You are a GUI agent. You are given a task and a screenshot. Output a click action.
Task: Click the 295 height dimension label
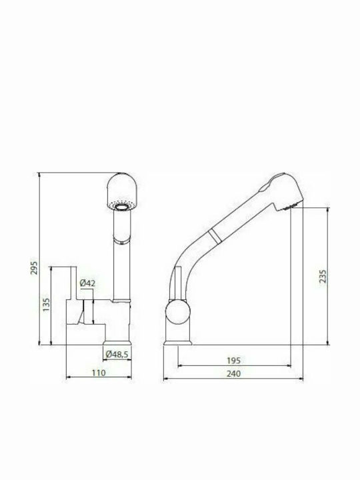(35, 267)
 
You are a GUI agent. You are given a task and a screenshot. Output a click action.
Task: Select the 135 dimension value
(46, 305)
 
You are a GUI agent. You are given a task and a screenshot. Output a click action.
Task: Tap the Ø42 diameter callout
(87, 283)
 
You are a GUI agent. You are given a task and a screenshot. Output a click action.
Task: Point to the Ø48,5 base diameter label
(117, 354)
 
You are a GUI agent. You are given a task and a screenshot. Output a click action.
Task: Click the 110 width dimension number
(99, 373)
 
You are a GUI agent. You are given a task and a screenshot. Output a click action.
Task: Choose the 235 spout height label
(323, 276)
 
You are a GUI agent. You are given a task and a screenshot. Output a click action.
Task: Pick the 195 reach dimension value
(233, 361)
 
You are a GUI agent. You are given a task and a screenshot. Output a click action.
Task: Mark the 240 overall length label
(233, 373)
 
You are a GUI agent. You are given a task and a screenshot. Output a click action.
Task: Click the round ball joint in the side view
(178, 311)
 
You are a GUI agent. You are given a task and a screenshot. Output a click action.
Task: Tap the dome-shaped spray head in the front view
(123, 191)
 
